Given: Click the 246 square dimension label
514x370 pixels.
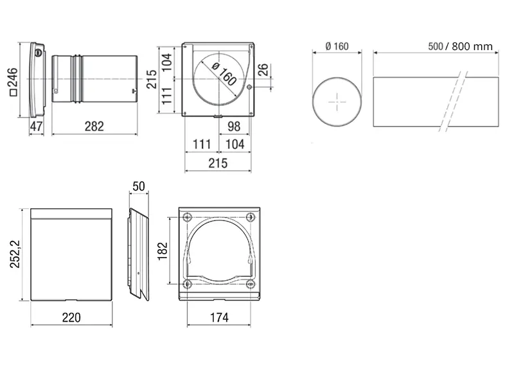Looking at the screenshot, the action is (x=13, y=82).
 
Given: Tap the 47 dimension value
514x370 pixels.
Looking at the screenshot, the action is (x=36, y=126).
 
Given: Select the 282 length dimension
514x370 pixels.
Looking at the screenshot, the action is (x=94, y=126).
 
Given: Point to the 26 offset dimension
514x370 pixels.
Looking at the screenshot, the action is (x=263, y=70).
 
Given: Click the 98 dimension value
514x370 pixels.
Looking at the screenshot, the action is (x=234, y=126).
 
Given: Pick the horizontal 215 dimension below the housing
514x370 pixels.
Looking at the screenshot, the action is (x=218, y=163).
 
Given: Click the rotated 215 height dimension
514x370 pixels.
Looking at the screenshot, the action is (x=152, y=79).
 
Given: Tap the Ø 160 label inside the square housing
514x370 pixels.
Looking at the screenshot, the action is (x=224, y=74).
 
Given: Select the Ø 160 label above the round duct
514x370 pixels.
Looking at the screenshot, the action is (x=337, y=46).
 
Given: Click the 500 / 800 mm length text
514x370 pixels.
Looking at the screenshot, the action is (x=460, y=46).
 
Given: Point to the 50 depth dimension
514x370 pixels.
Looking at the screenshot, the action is (x=139, y=186).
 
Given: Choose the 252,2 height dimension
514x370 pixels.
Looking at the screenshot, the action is (x=15, y=254).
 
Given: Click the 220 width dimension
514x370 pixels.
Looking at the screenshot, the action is (x=71, y=317).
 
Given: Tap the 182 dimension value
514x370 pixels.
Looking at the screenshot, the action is (x=163, y=251).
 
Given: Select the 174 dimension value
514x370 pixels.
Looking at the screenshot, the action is (x=219, y=317).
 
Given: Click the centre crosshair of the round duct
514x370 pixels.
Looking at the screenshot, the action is (x=337, y=102).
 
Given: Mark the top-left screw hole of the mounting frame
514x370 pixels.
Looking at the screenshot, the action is (x=188, y=216).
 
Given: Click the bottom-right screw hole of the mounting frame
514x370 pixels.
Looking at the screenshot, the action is (x=251, y=284).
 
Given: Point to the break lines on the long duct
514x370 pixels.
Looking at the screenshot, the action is (x=454, y=101).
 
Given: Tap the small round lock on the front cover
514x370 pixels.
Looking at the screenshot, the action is (x=39, y=52).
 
